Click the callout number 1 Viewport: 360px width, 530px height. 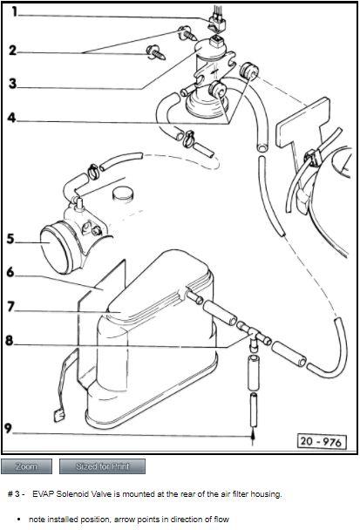click(x=14, y=11)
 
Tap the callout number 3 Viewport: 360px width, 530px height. click(x=12, y=83)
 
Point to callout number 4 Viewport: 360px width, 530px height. click(x=12, y=118)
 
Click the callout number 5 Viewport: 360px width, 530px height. click(x=10, y=239)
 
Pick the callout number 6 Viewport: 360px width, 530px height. click(x=10, y=272)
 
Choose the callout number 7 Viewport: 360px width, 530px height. click(x=11, y=307)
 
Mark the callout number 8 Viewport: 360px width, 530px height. click(x=9, y=340)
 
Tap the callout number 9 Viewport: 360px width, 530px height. click(x=8, y=428)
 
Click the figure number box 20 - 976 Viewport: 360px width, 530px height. click(x=322, y=441)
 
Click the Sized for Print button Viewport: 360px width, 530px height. click(x=103, y=466)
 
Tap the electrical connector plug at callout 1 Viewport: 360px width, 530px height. click(x=216, y=23)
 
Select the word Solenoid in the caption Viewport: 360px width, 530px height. click(x=71, y=494)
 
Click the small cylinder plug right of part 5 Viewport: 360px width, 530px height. click(x=122, y=194)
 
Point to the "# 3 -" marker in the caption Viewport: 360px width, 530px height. click(x=16, y=494)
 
